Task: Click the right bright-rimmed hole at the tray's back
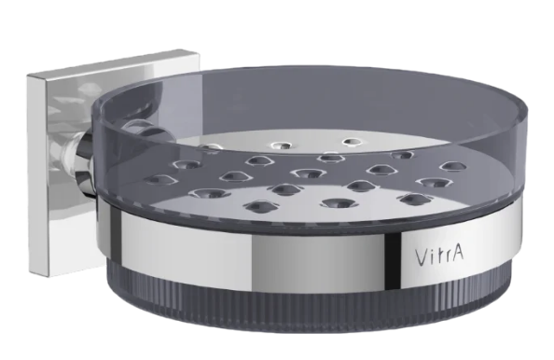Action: [351, 143]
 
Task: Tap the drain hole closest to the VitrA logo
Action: [413, 199]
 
